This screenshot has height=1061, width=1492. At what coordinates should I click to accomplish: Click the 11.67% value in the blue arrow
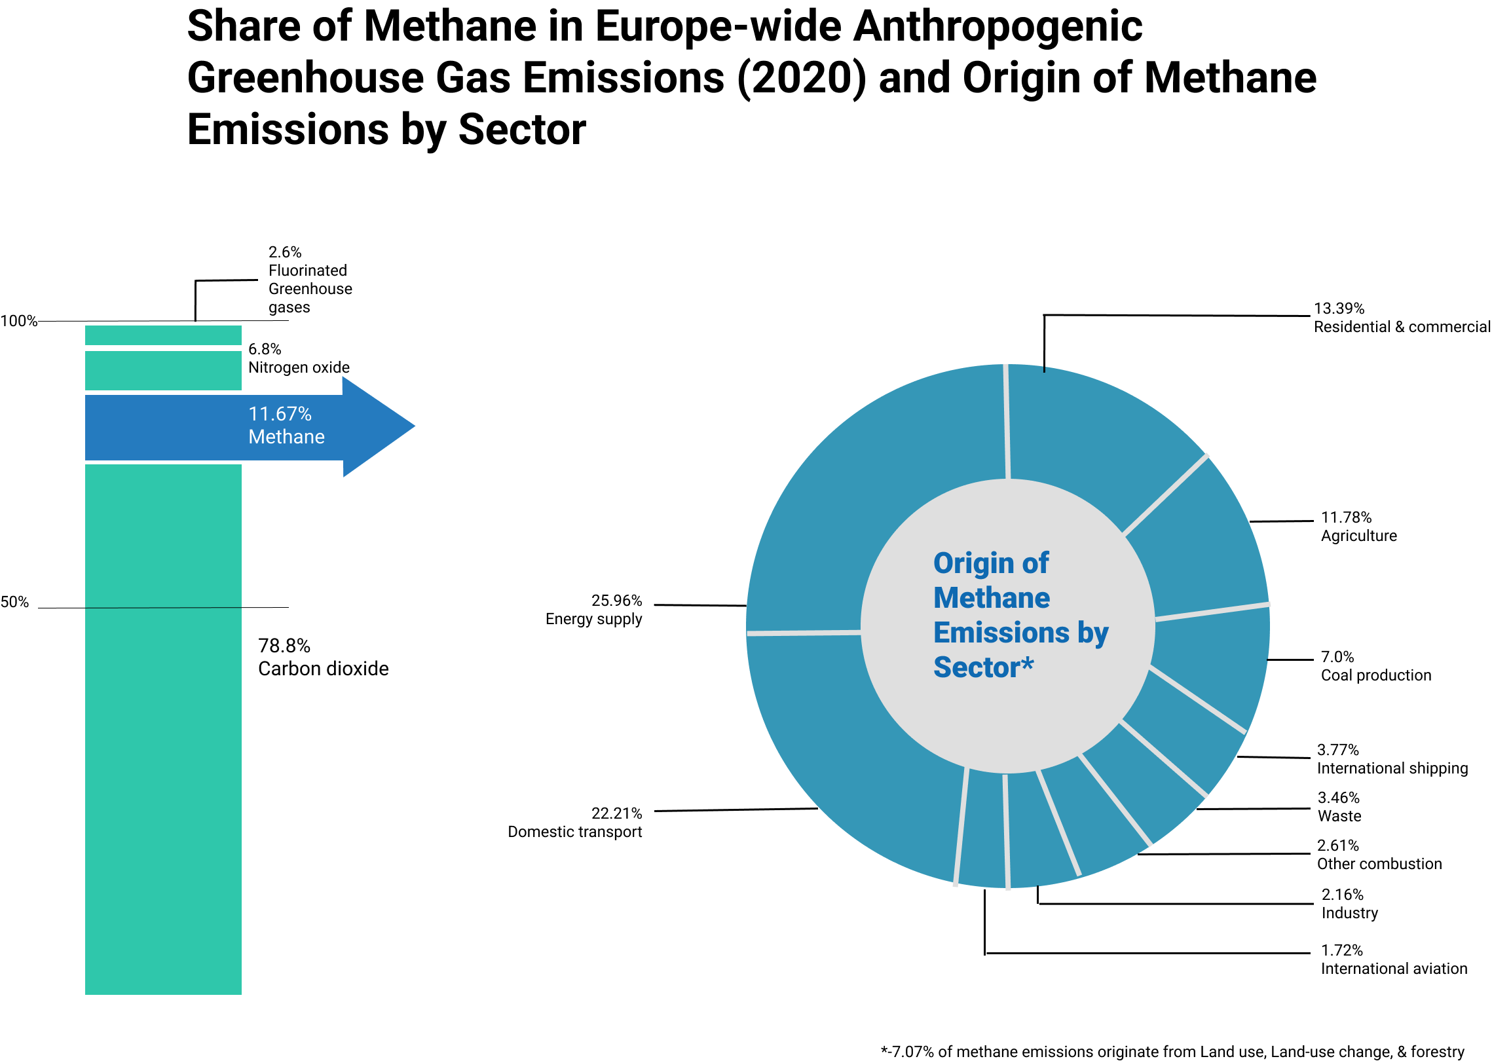pos(280,414)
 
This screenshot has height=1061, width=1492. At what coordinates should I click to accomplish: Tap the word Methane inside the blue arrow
pos(286,437)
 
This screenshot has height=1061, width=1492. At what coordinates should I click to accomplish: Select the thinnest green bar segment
pos(163,335)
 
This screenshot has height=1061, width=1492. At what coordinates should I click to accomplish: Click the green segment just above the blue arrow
pos(163,371)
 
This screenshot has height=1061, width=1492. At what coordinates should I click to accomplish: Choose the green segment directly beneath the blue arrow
pos(163,535)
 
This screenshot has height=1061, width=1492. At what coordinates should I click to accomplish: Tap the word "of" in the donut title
pos(1035,563)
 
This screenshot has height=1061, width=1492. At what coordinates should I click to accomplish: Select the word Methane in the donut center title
pos(992,598)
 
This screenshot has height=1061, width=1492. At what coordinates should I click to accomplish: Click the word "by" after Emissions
pos(1093,633)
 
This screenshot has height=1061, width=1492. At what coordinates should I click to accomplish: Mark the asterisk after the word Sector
pos(1027,663)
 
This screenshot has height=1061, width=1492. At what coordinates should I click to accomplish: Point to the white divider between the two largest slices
pos(804,633)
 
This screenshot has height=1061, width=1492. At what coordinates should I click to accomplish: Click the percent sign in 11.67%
pos(305,414)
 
